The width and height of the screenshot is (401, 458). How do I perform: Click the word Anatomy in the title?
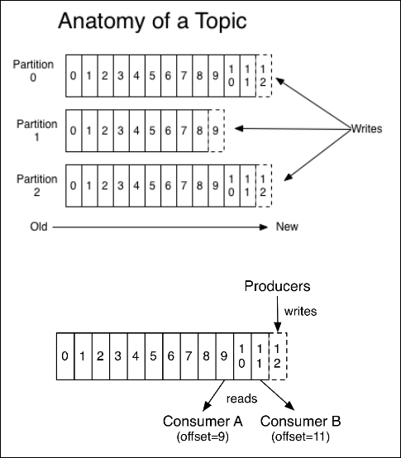(x=102, y=21)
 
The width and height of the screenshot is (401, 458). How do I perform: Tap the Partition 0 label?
(x=33, y=71)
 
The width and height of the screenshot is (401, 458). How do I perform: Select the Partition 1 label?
(x=37, y=131)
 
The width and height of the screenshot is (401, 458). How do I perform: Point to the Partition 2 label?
(x=37, y=185)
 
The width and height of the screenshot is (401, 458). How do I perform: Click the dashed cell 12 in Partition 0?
(x=264, y=76)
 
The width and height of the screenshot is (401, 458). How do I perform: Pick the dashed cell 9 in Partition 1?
(x=217, y=131)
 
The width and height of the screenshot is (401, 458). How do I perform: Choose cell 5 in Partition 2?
(x=153, y=185)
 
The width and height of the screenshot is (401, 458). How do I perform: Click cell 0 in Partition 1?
(x=74, y=131)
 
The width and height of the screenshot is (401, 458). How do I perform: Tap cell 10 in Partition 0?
(x=232, y=76)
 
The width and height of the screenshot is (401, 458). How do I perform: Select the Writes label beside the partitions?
(x=366, y=128)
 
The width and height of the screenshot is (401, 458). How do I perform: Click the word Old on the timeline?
(x=39, y=227)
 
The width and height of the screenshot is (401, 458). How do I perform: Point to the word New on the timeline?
(x=287, y=227)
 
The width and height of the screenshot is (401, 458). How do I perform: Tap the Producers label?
(x=277, y=286)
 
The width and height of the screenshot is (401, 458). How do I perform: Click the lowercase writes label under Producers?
(x=300, y=312)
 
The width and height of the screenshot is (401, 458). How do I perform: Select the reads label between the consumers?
(x=241, y=398)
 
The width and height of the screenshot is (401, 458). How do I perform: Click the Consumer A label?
(x=203, y=421)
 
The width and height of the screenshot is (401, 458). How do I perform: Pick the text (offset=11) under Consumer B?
(x=300, y=437)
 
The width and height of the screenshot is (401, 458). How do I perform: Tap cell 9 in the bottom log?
(x=225, y=356)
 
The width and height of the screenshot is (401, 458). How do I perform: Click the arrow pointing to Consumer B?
(x=277, y=395)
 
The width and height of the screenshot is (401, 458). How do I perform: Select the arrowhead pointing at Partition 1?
(x=239, y=128)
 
